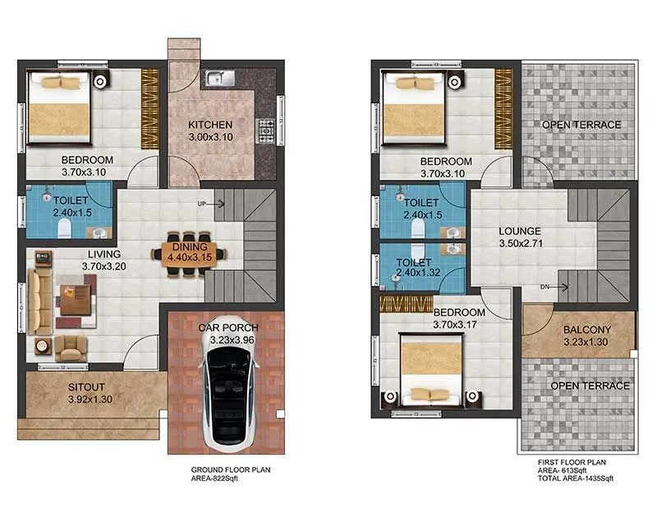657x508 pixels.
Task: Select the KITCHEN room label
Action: [205, 124]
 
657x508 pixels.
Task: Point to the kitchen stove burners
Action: [267, 128]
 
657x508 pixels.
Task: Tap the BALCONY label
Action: [585, 330]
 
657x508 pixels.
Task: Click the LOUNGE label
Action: [521, 231]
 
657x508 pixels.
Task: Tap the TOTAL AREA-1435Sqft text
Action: [575, 478]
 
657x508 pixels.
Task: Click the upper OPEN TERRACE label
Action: [581, 124]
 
